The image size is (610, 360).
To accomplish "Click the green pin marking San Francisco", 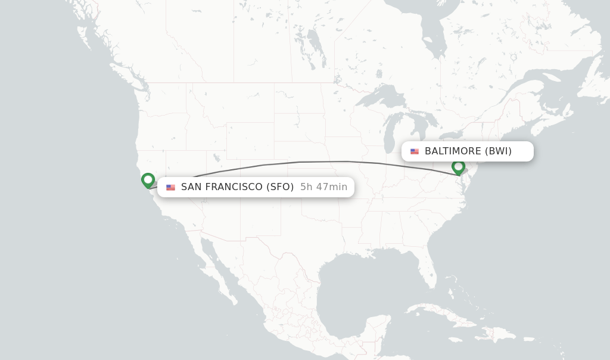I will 148,180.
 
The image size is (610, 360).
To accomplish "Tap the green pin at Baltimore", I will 458,167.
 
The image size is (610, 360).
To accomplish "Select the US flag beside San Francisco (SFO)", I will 171,187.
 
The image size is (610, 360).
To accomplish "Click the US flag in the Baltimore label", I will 415,151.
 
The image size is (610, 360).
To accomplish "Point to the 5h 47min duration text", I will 323,187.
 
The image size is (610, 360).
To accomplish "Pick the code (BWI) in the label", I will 498,151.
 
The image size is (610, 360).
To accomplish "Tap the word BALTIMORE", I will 453,151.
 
